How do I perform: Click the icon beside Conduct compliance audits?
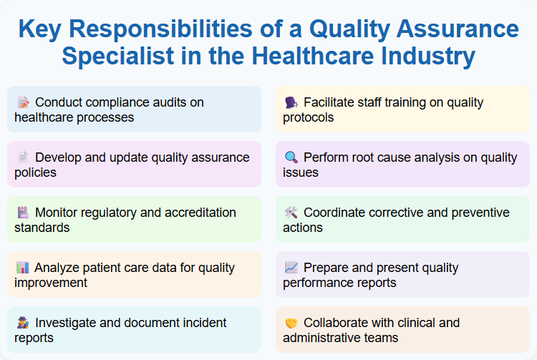[23, 102]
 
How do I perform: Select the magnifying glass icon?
[291, 157]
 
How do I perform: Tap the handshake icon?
[291, 323]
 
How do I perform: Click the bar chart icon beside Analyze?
[23, 268]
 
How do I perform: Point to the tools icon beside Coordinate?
[291, 213]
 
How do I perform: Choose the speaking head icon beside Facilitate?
[291, 102]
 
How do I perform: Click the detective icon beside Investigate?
[23, 323]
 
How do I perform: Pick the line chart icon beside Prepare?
[291, 268]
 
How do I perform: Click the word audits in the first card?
[185, 102]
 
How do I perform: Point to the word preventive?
[473, 213]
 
